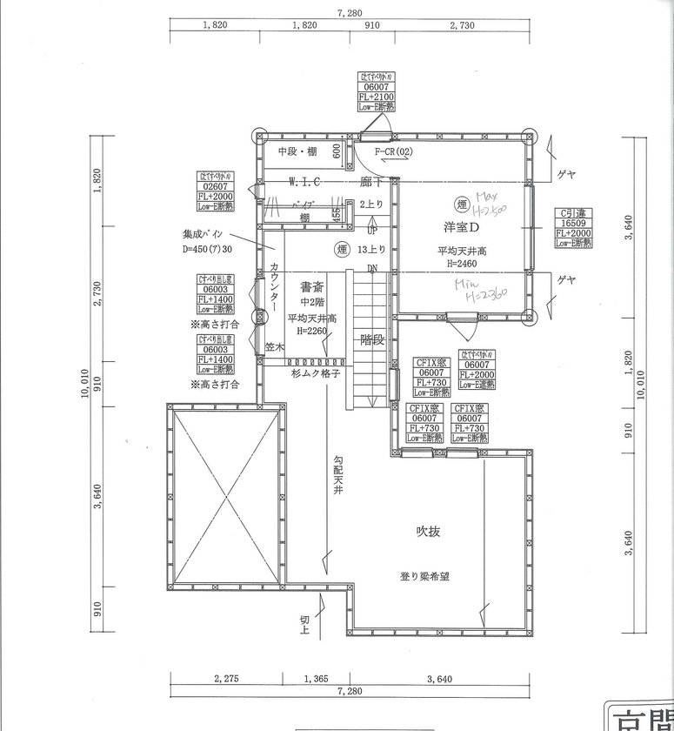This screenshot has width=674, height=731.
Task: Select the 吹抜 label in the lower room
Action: [427, 532]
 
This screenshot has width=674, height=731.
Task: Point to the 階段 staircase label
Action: [372, 339]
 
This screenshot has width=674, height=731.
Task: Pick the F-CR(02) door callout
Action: [393, 152]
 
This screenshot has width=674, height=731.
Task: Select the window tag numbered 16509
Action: [574, 223]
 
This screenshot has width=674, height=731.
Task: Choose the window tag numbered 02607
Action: [215, 186]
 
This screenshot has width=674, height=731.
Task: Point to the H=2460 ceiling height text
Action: [461, 263]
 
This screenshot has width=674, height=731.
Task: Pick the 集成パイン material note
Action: [203, 234]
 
